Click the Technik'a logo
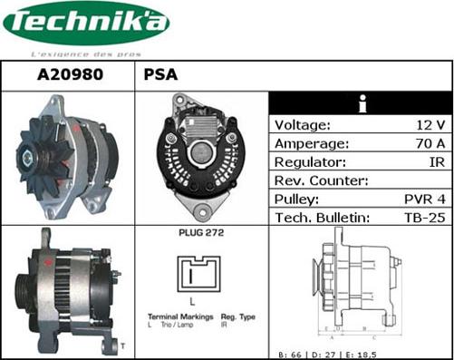tap(85, 24)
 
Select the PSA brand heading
tap(160, 75)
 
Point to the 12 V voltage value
tap(430, 125)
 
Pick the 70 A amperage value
tap(429, 143)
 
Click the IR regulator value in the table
tap(437, 161)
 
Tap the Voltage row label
tap(303, 125)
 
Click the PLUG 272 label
tap(201, 234)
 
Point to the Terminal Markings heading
tap(175, 317)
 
